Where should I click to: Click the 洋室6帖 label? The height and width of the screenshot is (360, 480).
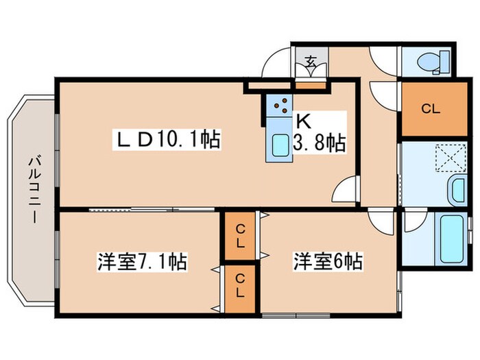pos(328,261)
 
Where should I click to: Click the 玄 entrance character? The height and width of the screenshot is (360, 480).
pos(310,62)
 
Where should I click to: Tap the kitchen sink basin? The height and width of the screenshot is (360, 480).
pos(280,146)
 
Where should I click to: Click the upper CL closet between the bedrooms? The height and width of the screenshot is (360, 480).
pos(240,236)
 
